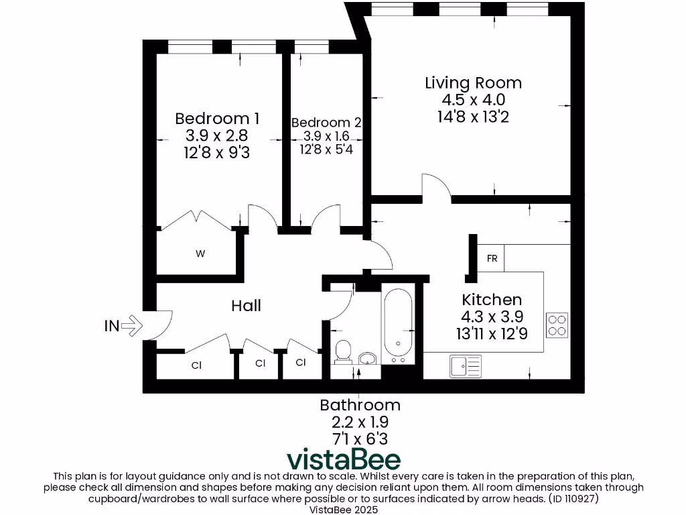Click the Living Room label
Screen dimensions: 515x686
(x=473, y=83)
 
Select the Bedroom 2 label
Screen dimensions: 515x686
(x=326, y=123)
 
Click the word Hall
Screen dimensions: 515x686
(x=246, y=306)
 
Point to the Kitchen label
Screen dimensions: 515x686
(x=492, y=300)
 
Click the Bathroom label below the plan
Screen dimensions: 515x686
(x=360, y=405)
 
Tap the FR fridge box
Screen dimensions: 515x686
(x=492, y=258)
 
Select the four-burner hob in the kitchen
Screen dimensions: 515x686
(x=557, y=325)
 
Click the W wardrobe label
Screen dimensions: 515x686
(x=200, y=253)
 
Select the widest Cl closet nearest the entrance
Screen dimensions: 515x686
(x=196, y=365)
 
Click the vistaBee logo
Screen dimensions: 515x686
(x=344, y=459)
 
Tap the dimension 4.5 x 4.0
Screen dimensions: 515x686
(x=473, y=100)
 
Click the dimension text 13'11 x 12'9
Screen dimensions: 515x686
(x=492, y=333)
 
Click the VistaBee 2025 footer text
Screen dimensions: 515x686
(x=343, y=510)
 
